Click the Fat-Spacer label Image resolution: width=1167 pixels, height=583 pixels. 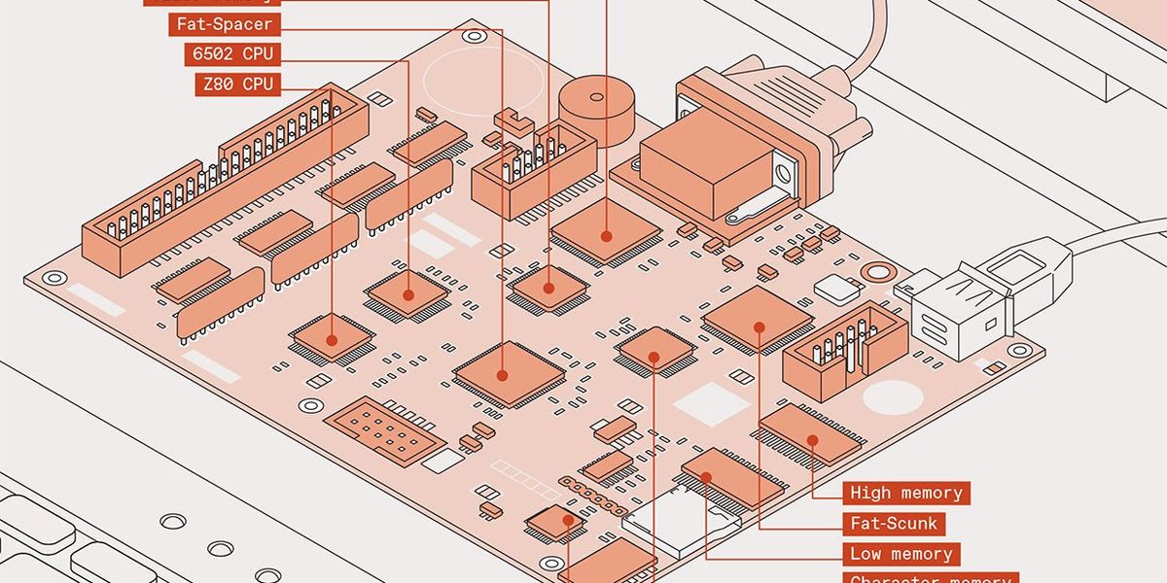[x=225, y=23]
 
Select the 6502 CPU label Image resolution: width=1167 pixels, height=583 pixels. [x=232, y=54]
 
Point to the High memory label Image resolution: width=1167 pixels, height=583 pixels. [x=905, y=493]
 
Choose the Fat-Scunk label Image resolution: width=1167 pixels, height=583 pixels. [x=894, y=524]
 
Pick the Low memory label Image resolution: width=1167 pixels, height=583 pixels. [x=901, y=554]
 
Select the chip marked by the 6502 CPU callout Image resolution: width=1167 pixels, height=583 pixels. [x=407, y=292]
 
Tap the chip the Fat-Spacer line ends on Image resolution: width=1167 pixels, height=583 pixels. [x=503, y=372]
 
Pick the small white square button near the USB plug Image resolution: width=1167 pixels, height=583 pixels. [x=838, y=287]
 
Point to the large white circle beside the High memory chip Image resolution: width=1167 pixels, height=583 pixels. [x=892, y=396]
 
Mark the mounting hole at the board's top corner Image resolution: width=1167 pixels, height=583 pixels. [x=474, y=37]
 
